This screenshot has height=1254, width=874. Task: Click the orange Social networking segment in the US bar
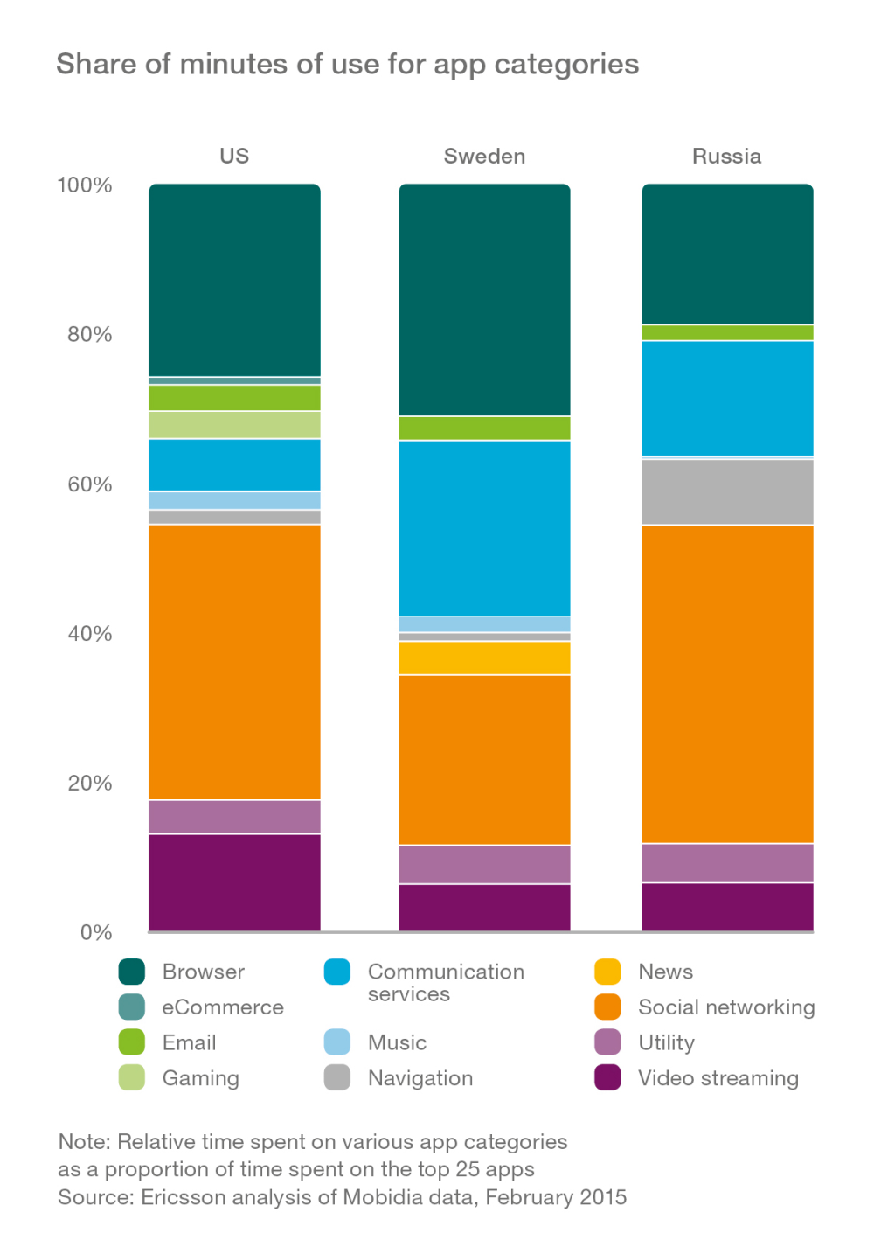pos(234,661)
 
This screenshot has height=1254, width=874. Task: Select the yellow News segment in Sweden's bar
pos(484,658)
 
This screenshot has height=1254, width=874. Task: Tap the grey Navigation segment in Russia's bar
pos(727,491)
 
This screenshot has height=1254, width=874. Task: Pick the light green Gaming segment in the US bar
pos(234,424)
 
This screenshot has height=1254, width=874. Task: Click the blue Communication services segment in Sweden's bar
pos(484,528)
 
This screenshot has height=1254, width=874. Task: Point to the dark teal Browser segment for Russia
pos(727,254)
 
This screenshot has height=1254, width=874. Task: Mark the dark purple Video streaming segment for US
pos(234,881)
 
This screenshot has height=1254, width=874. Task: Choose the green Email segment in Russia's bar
pos(727,332)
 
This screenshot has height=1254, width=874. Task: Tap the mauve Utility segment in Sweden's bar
pos(484,864)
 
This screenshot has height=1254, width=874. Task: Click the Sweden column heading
pos(484,157)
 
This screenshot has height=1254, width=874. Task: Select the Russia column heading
pos(726,157)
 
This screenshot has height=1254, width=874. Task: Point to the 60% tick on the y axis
pos(90,484)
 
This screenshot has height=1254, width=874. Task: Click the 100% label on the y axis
pos(85,185)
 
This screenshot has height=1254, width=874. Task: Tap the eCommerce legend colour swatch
pos(132,1007)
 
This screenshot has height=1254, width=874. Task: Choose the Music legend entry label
pos(397,1042)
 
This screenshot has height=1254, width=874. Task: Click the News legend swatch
pos(607,972)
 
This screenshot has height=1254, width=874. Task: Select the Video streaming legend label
pos(718,1078)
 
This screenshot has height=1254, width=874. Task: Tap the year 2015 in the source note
pos(604,1196)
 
